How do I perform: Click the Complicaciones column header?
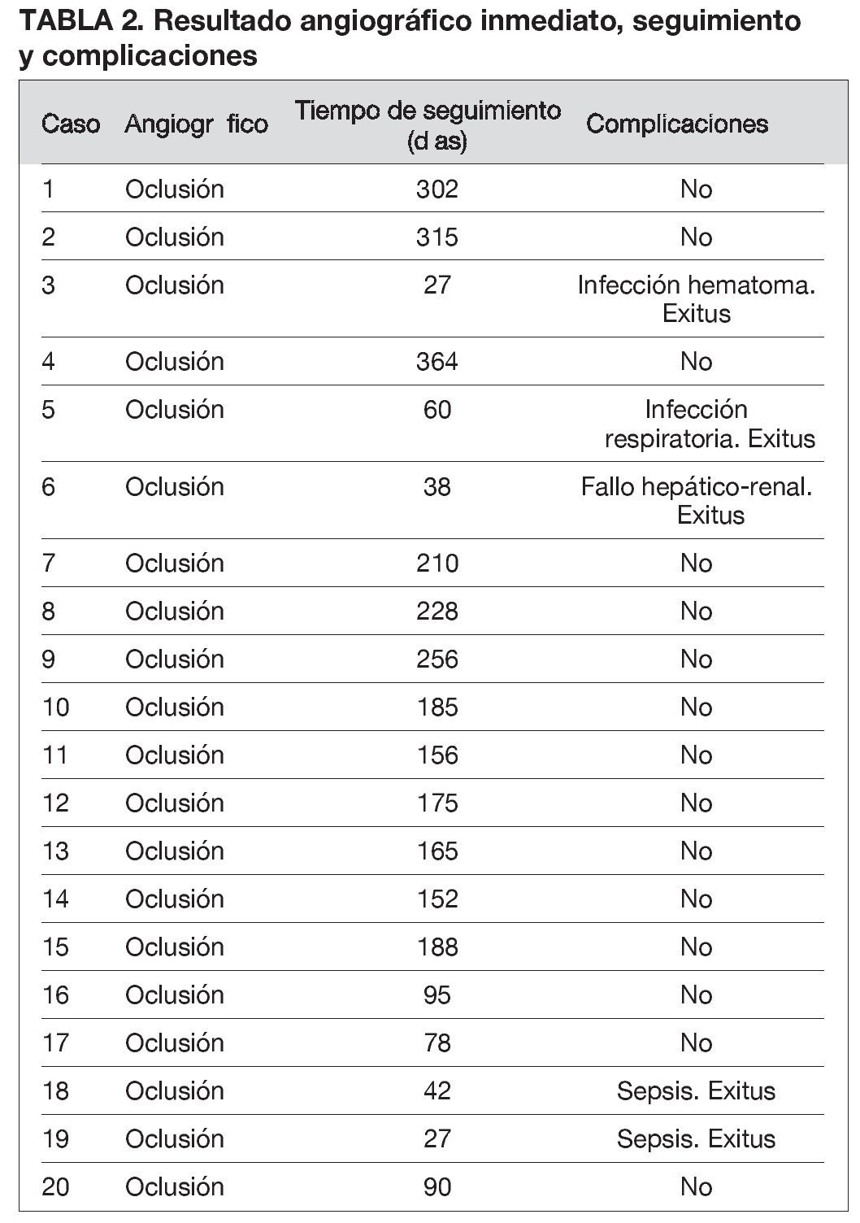[x=676, y=124]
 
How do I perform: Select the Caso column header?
[x=71, y=124]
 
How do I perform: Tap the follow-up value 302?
[x=437, y=189]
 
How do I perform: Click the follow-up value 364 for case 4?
[x=437, y=361]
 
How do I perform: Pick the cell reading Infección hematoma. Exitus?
[x=696, y=299]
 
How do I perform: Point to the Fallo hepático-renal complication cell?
[x=697, y=500]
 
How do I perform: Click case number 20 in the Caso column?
[x=56, y=1186]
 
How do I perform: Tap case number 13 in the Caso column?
[x=56, y=851]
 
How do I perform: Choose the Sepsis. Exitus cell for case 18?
[x=696, y=1090]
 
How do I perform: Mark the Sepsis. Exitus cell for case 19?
[x=696, y=1138]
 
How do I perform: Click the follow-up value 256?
[x=437, y=659]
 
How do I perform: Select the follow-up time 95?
[x=437, y=995]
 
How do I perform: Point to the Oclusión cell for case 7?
[x=174, y=563]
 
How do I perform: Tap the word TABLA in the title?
[x=60, y=20]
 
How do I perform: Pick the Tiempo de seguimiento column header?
[x=428, y=124]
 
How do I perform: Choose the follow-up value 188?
[x=437, y=947]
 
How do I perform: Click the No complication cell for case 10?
[x=696, y=707]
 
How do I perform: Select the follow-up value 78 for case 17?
[x=437, y=1042]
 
